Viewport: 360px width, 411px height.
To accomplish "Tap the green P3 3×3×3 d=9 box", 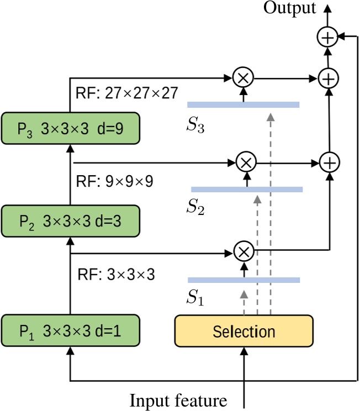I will [x=70, y=127].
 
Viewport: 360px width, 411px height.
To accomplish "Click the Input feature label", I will [x=179, y=399].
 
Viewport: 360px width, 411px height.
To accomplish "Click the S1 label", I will [x=194, y=299].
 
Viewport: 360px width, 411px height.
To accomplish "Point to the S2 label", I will [x=194, y=208].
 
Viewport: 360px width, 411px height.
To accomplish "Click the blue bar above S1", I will [x=243, y=280].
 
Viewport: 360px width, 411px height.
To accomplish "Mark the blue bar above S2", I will [x=247, y=189].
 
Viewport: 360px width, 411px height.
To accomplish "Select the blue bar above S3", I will [x=243, y=104].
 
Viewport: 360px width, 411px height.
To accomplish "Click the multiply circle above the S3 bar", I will [x=242, y=78].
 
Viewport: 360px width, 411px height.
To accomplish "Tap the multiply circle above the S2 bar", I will [x=246, y=162].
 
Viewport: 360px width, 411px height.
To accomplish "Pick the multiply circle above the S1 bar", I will [x=242, y=252].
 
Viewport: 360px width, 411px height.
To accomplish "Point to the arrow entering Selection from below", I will [x=243, y=367].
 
